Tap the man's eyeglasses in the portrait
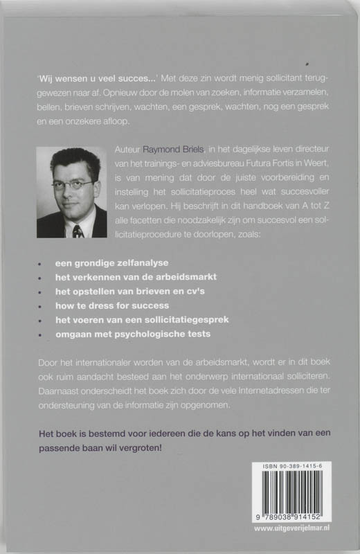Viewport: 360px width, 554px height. click(x=72, y=185)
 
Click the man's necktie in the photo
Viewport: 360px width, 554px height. click(x=77, y=229)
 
